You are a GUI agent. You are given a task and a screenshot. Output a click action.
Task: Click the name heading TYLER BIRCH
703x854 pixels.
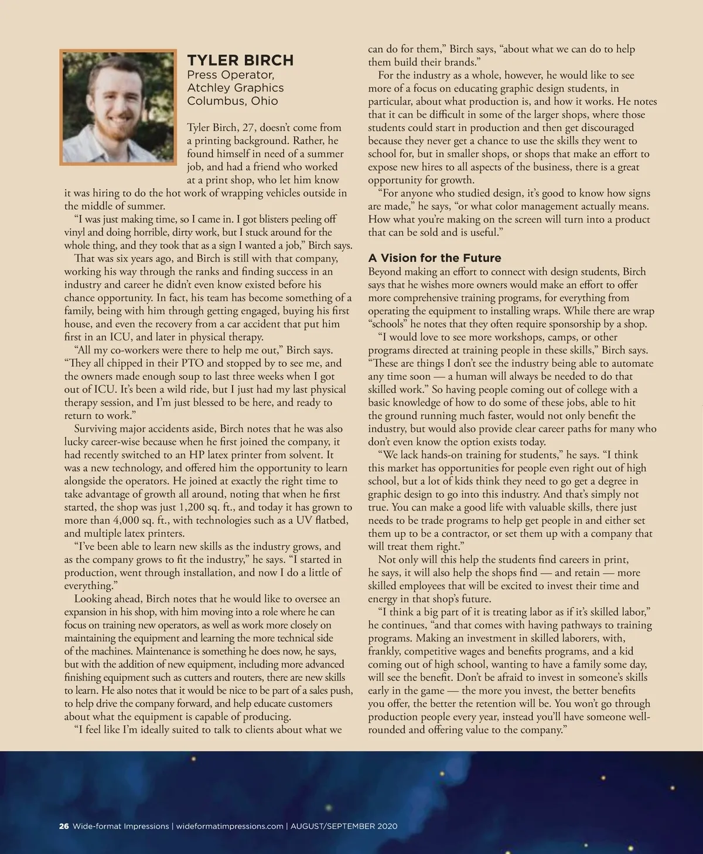point(240,60)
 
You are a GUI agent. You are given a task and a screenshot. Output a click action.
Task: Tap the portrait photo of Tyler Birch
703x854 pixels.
point(118,107)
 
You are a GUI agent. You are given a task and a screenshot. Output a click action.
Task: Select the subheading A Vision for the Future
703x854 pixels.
point(435,258)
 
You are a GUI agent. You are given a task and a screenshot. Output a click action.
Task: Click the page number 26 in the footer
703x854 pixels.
point(64,826)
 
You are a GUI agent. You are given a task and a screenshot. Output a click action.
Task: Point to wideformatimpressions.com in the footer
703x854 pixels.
point(230,826)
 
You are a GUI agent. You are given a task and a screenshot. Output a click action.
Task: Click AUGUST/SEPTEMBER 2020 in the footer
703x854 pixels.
point(344,826)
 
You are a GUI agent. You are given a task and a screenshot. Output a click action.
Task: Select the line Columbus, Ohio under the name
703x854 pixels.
point(233,101)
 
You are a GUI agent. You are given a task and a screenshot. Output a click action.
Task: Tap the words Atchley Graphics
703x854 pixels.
point(235,88)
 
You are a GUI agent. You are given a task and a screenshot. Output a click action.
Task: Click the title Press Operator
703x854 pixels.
point(230,75)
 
